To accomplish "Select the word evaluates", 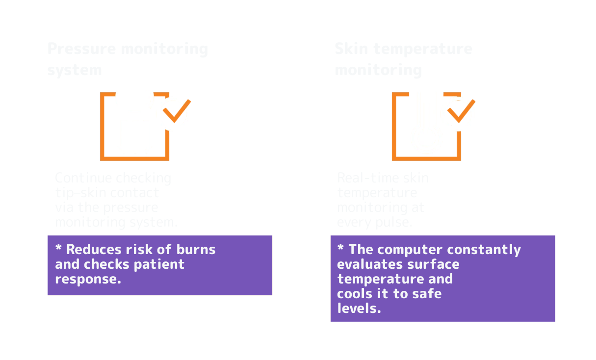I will tap(369, 264).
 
